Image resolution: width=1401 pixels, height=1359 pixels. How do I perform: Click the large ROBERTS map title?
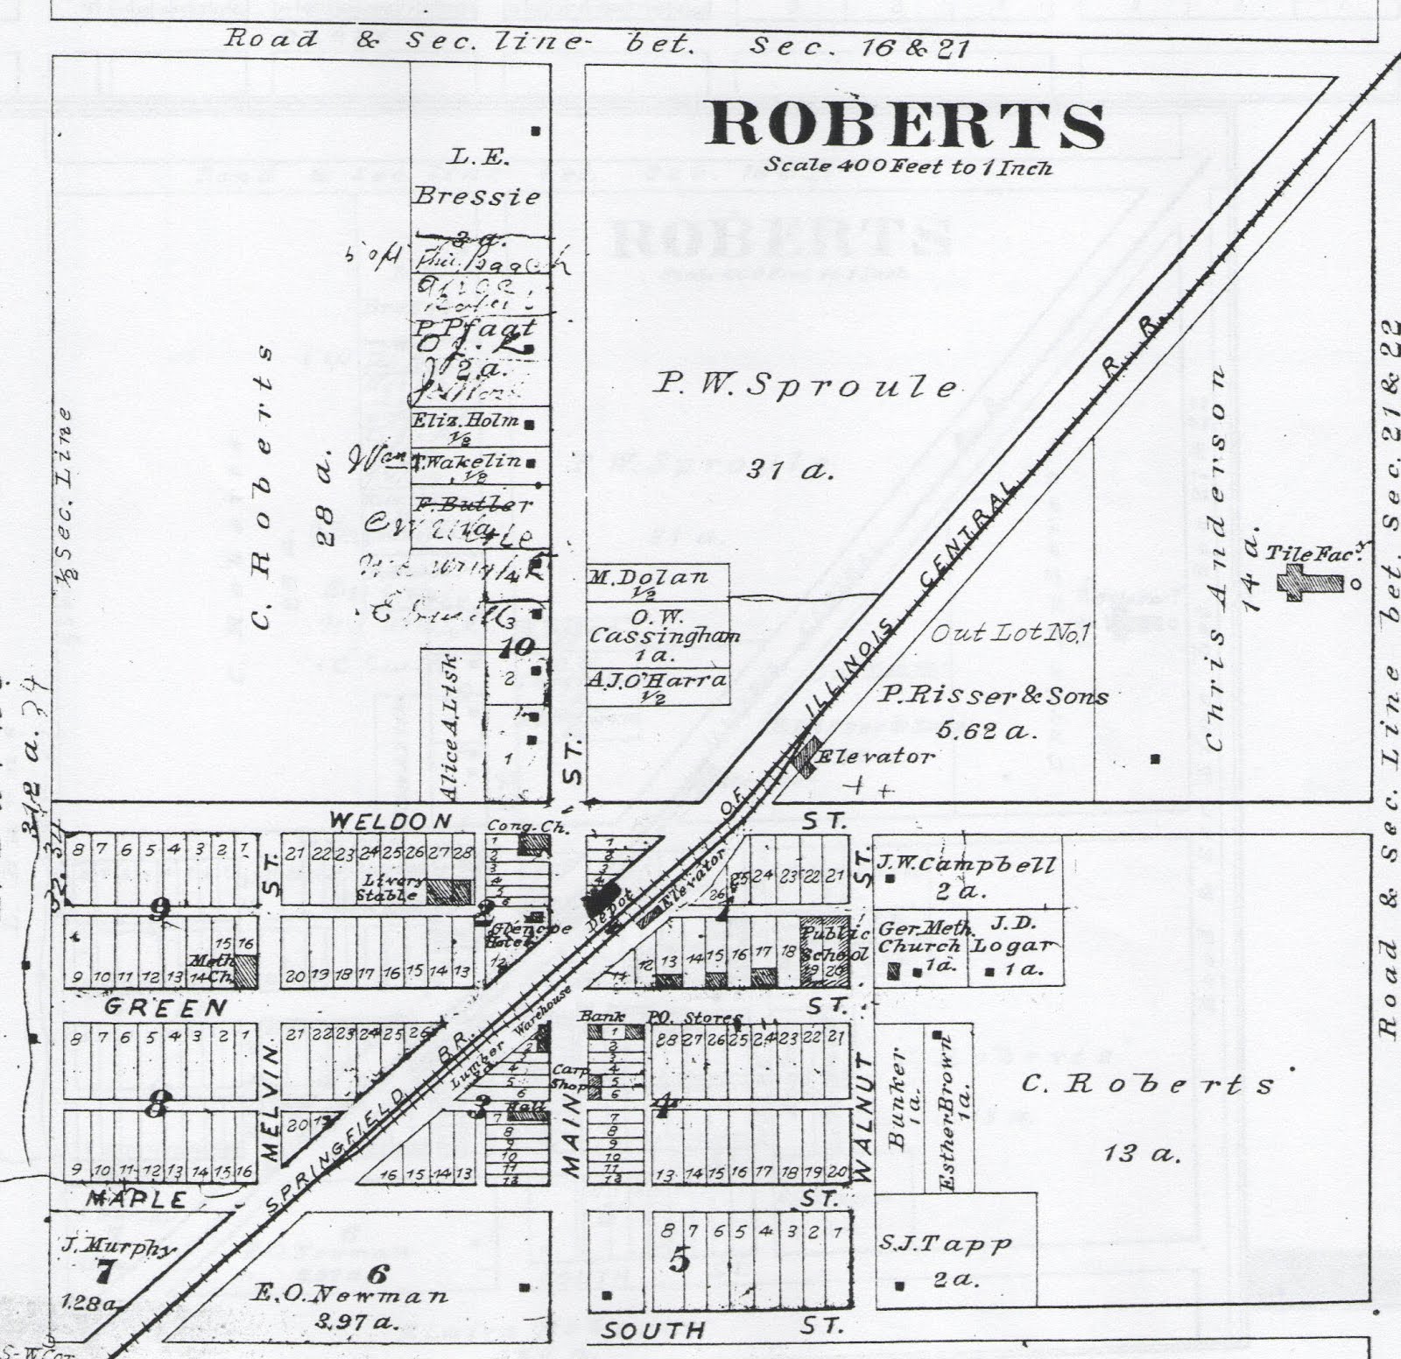tap(906, 125)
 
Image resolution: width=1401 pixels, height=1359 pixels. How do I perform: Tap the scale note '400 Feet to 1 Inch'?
tap(907, 165)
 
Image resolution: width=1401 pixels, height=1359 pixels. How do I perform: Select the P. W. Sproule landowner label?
tap(806, 385)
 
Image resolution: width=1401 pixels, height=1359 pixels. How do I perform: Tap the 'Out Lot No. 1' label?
tap(1008, 632)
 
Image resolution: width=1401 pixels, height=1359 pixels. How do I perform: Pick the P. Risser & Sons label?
tap(993, 696)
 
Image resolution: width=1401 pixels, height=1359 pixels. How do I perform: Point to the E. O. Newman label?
tap(349, 1294)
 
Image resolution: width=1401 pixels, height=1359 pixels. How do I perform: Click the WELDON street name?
tap(391, 821)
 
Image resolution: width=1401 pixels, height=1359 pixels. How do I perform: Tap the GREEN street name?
tap(165, 1008)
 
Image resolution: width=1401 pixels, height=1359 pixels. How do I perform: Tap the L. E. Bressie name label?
tap(477, 176)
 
